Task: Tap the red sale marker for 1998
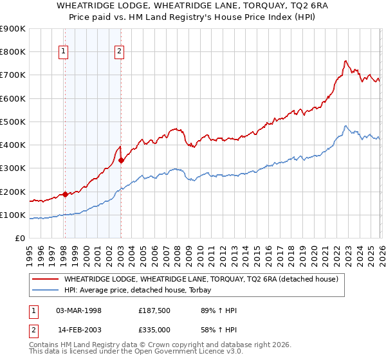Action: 65,194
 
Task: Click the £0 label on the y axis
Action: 19,238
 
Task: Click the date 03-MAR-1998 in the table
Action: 79,310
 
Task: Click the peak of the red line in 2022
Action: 345,61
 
